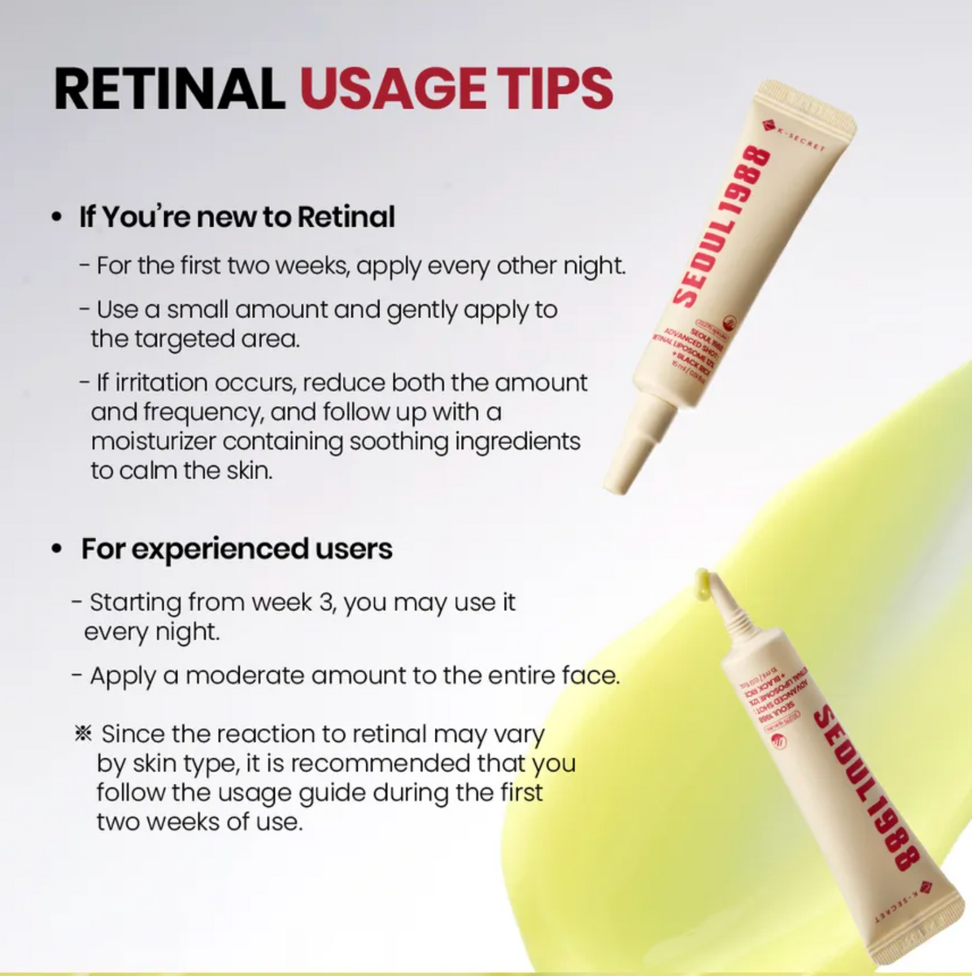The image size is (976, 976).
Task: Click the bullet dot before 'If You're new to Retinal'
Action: click(x=56, y=219)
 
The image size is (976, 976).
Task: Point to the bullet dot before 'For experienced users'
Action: click(x=56, y=550)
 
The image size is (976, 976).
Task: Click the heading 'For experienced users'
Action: click(x=236, y=549)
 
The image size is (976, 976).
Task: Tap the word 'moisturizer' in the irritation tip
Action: click(x=154, y=442)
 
